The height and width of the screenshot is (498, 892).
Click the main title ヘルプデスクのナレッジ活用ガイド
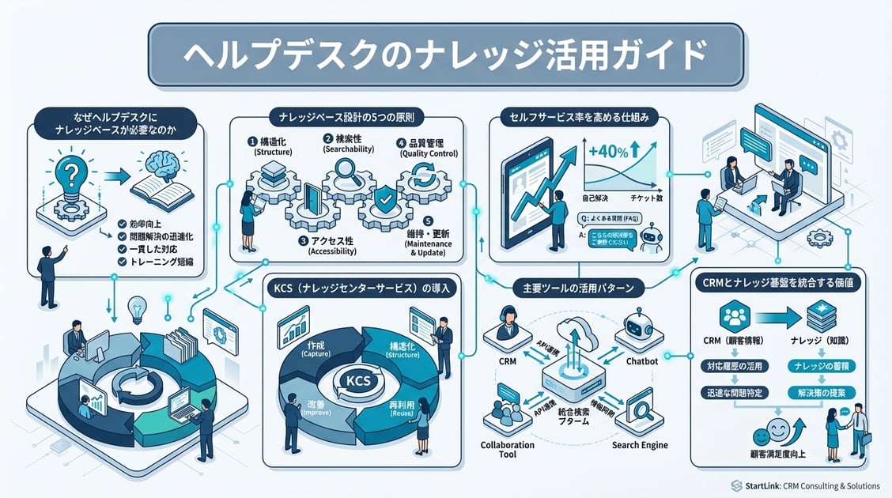445,54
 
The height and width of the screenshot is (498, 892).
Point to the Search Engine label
640,445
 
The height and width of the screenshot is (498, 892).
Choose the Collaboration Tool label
508,451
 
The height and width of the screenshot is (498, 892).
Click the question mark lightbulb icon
72,176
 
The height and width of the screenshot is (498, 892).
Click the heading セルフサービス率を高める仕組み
580,118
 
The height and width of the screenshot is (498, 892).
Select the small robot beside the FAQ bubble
652,236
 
